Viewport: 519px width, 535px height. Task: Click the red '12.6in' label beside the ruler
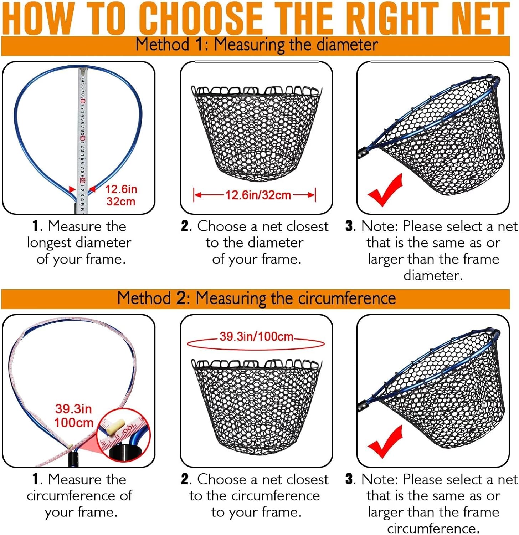[x=121, y=189]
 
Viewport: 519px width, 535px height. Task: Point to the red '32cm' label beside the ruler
[x=121, y=202]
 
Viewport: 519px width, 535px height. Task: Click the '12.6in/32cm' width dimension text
[x=258, y=195]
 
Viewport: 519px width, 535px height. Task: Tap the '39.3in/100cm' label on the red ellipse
[x=256, y=336]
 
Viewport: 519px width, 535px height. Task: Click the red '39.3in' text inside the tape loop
[x=73, y=409]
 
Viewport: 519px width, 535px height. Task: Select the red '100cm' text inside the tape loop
[x=73, y=423]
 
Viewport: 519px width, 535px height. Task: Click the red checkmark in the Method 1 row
[x=385, y=191]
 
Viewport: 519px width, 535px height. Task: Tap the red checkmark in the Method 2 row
[x=385, y=442]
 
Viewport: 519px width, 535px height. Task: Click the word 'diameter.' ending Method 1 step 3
[x=433, y=275]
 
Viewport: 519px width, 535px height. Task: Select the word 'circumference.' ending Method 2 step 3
[x=433, y=528]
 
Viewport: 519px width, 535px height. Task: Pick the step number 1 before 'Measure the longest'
[x=35, y=226]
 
